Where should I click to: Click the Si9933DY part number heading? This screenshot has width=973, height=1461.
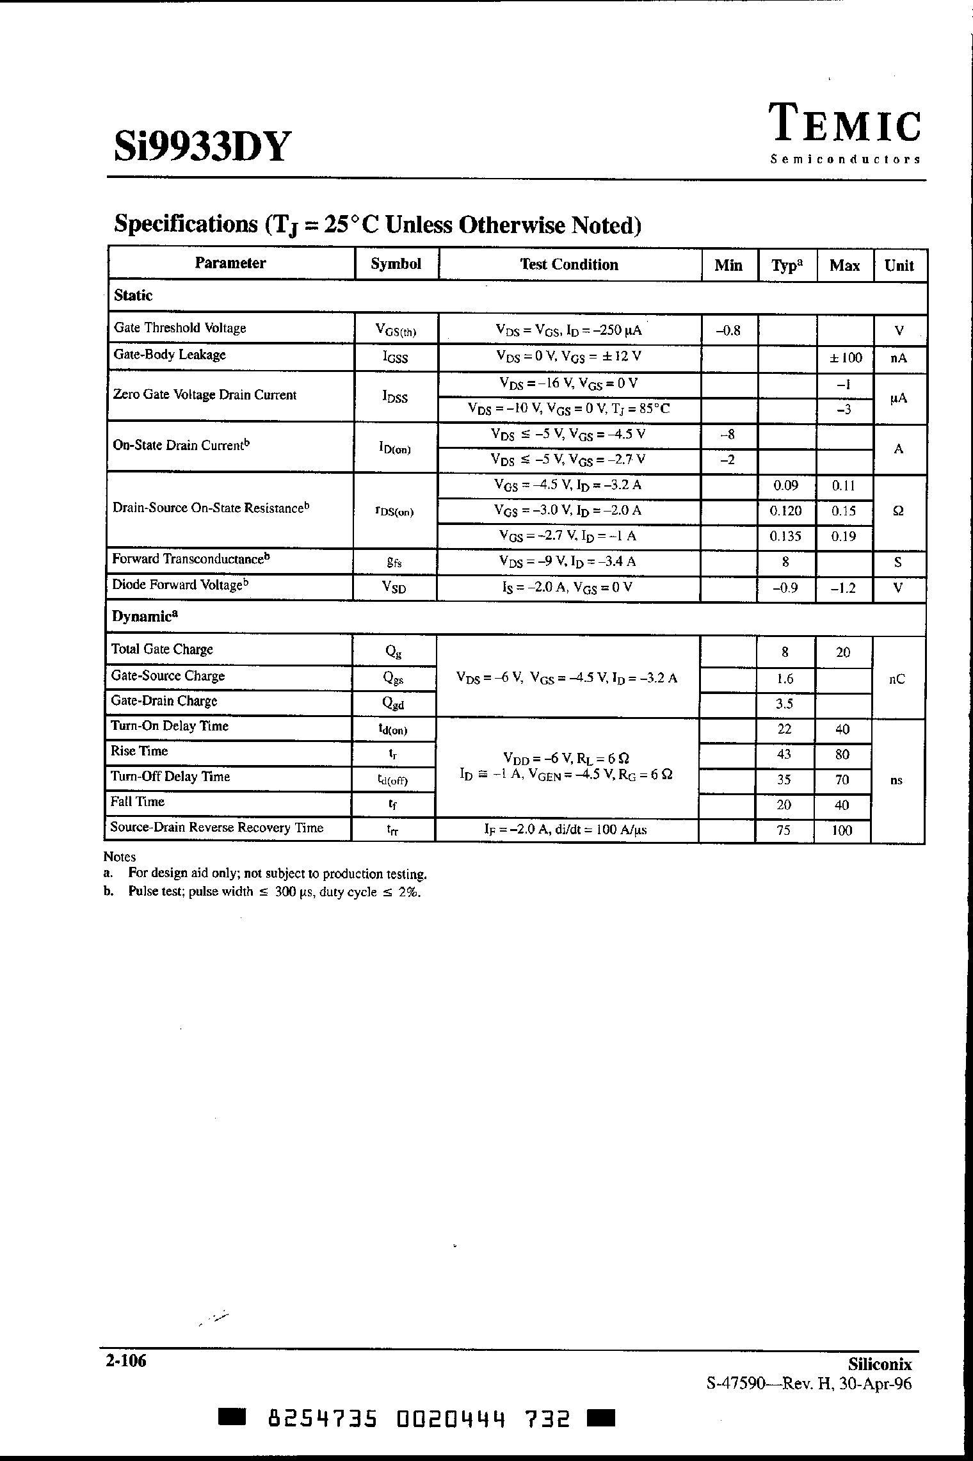point(202,147)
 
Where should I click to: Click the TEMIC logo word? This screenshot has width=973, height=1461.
point(844,124)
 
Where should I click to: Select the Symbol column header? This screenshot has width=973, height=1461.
point(396,264)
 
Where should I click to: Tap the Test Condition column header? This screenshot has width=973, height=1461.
point(569,265)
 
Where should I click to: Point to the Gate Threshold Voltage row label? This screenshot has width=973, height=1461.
point(180,328)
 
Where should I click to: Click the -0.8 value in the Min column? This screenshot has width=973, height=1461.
point(728,330)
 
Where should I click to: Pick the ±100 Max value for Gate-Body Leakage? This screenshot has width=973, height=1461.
point(845,358)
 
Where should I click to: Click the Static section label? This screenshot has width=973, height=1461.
point(133,296)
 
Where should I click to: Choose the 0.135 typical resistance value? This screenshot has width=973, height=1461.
point(785,537)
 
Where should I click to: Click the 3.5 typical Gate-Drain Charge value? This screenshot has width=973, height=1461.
point(784,704)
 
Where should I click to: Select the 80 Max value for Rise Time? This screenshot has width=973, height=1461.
point(842,755)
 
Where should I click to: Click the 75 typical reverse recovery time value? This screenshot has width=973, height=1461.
point(783,830)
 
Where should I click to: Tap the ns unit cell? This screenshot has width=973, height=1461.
point(896,780)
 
